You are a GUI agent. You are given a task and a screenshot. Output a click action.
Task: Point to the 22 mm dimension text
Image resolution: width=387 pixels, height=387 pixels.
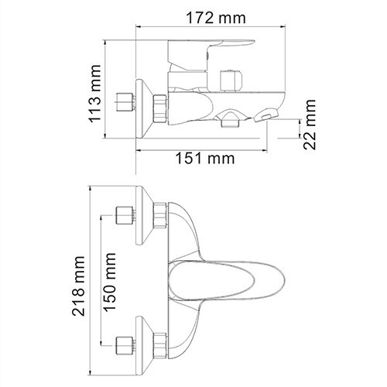point(310,126)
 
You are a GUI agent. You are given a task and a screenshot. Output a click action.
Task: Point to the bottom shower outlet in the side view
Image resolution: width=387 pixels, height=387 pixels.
point(230,120)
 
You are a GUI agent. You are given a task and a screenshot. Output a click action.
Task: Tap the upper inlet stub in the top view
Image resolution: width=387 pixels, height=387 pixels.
point(123,214)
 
